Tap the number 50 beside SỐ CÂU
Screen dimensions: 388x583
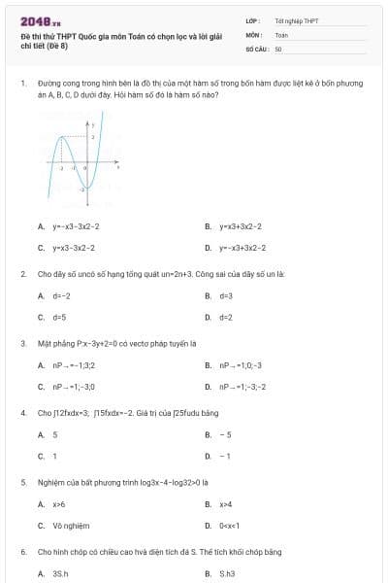(x=278, y=48)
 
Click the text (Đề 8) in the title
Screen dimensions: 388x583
(x=60, y=45)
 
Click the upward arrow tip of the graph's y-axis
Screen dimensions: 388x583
(x=89, y=122)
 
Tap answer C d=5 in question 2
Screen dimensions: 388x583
(x=59, y=317)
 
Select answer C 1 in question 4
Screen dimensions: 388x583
(x=54, y=456)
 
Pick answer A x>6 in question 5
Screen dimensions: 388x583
(x=59, y=504)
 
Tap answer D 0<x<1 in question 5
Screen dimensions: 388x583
(x=229, y=526)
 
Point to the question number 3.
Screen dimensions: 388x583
(x=23, y=343)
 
